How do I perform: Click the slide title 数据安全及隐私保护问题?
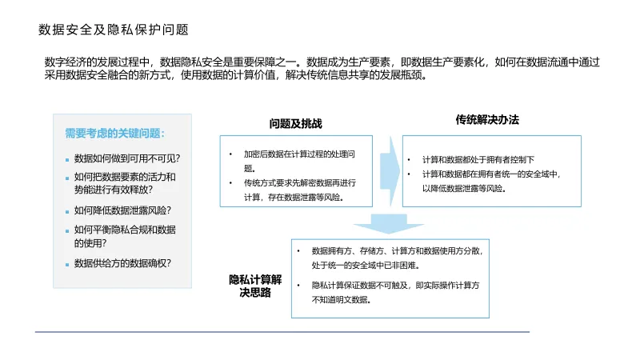114,30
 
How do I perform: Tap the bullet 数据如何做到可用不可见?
126,158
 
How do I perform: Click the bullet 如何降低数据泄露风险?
122,210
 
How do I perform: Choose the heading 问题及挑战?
295,124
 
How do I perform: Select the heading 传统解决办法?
487,120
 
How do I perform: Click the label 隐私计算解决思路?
255,286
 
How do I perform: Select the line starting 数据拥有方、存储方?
397,250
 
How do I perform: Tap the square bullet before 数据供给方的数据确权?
66,264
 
